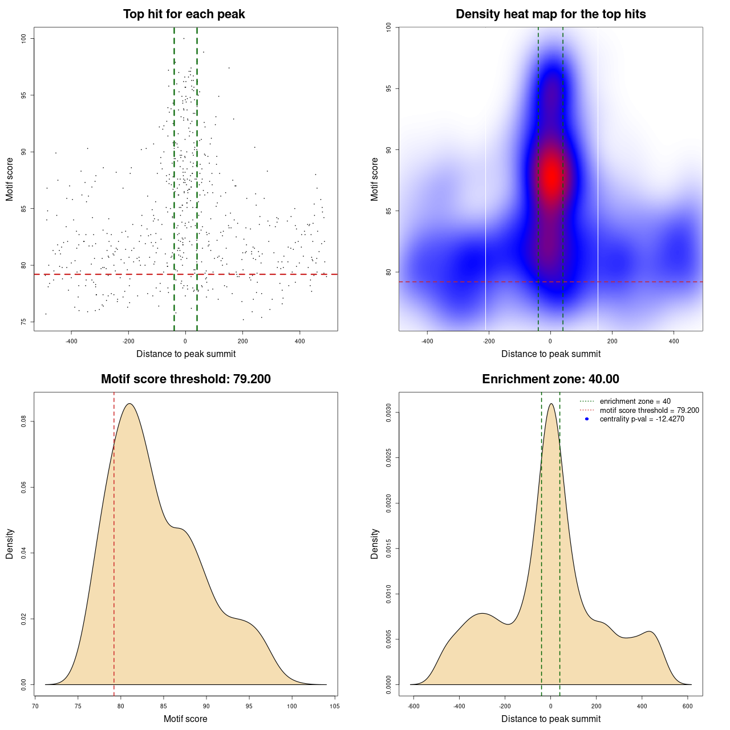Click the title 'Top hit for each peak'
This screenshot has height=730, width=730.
(184, 14)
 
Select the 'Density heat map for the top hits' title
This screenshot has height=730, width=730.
(550, 14)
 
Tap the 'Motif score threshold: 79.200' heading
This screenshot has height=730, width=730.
(185, 379)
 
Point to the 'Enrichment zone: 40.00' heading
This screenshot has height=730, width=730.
(550, 379)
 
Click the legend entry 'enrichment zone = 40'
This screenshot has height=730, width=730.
(635, 401)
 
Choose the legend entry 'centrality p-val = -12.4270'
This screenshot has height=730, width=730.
(642, 419)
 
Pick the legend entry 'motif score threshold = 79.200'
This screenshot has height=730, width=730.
(649, 411)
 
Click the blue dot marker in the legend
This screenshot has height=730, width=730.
(587, 419)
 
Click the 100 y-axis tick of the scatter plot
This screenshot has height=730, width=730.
(24, 38)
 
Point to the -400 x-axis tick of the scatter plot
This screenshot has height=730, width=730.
(71, 341)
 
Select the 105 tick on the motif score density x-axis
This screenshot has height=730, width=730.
(335, 706)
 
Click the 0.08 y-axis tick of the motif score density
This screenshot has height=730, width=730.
(24, 421)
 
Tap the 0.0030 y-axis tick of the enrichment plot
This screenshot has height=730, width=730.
(389, 412)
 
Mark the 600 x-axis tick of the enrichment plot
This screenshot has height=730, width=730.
(687, 706)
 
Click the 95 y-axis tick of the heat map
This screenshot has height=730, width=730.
(389, 88)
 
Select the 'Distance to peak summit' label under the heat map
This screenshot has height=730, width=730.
(551, 354)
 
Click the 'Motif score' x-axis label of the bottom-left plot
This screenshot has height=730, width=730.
(185, 719)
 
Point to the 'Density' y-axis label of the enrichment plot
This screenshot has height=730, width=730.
(375, 544)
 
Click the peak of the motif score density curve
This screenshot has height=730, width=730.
(130, 404)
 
